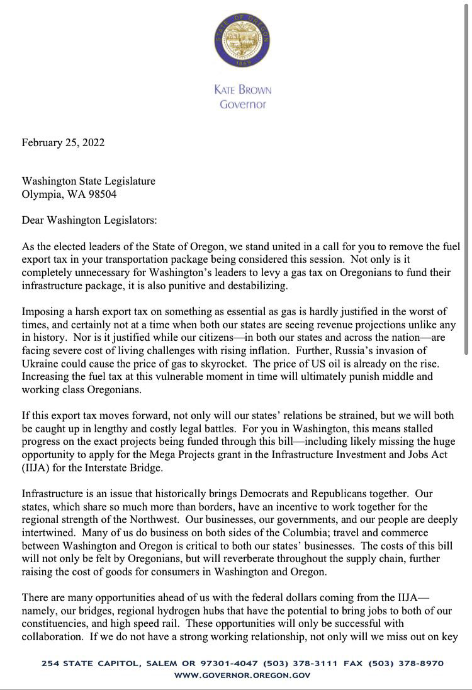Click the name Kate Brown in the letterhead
[242, 89]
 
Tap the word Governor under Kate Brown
[242, 104]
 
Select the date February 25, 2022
[63, 142]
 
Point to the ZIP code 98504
[97, 194]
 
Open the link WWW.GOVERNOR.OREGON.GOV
[242, 676]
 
